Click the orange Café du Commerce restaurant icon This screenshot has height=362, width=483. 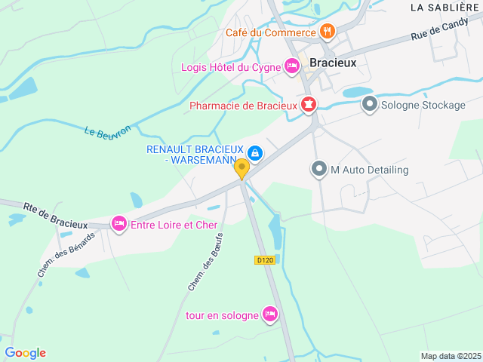(327, 32)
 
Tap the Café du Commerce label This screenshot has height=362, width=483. (270, 32)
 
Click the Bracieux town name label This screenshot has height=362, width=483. (333, 63)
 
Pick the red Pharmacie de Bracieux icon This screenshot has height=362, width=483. (309, 105)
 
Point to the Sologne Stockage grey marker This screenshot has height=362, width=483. (370, 104)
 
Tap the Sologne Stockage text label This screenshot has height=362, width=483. (423, 105)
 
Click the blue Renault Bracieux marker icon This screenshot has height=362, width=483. (256, 154)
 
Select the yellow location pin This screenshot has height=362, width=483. (241, 168)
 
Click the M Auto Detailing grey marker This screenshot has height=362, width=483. (319, 170)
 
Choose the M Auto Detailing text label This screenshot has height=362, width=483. (370, 170)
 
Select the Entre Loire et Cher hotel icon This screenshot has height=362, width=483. (118, 224)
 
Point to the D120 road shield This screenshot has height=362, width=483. (264, 259)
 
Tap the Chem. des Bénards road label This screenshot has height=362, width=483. (67, 253)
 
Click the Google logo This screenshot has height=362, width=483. (26, 353)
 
